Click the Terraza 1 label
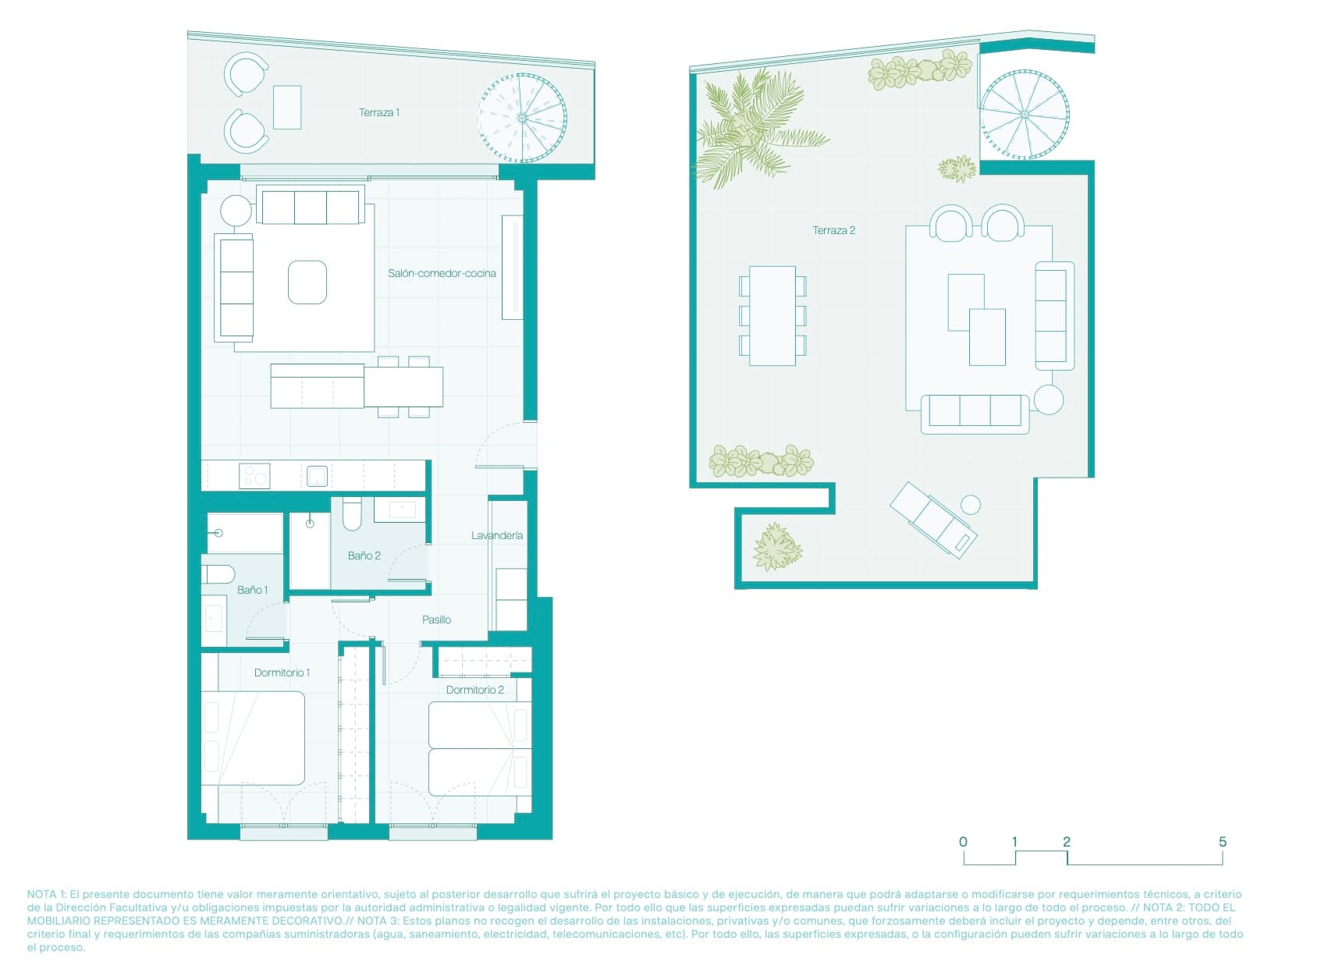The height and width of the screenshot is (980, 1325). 379,112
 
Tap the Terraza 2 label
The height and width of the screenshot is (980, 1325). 833,230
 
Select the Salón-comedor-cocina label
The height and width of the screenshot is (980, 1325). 442,273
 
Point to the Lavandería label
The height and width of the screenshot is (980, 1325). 496,535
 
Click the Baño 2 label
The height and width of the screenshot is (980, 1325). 364,556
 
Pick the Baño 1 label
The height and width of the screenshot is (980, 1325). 252,590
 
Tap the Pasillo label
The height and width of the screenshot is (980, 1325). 436,620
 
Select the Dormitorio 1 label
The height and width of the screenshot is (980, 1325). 282,673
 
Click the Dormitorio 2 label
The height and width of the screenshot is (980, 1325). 474,690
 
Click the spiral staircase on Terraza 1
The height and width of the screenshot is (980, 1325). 522,118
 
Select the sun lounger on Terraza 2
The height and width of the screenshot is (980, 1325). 933,519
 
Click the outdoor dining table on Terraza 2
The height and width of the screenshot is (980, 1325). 773,316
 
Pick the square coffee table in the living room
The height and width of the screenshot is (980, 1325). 307,282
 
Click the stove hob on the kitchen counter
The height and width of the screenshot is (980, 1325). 254,475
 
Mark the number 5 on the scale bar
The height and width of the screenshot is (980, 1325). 1222,842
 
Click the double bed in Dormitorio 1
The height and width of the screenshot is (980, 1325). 254,738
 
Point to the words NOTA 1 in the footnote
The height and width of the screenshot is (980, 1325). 46,894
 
